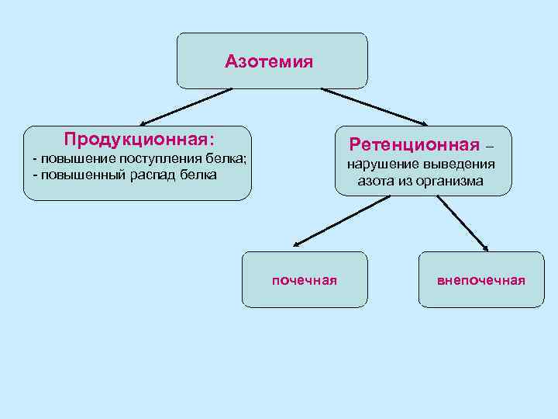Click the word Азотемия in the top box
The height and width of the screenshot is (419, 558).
coord(269,61)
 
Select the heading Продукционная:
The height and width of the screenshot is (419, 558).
coord(139,140)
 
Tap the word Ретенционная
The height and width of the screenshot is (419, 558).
coord(414,144)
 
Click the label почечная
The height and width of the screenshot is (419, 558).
coord(304,280)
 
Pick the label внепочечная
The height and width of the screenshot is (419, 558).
coord(481,280)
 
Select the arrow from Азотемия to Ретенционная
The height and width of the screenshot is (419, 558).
coord(374,106)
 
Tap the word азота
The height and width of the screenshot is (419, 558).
coord(375,181)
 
